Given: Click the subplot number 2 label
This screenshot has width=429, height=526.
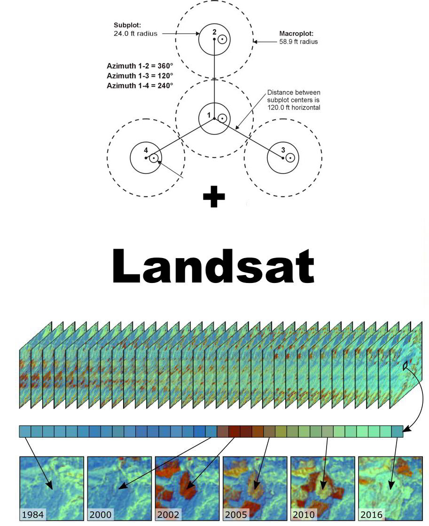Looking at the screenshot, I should point(214,32).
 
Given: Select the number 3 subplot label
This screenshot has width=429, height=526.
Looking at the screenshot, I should point(283,150).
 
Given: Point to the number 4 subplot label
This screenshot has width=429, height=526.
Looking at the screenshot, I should point(146,150).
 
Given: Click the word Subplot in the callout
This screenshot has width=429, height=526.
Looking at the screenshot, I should point(127,25).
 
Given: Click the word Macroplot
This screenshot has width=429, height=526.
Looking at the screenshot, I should point(296,34).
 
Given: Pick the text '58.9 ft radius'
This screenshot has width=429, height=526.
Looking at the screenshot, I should point(298,41).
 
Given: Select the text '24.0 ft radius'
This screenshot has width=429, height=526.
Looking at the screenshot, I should point(135,33).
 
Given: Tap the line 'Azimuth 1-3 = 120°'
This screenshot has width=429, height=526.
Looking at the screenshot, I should point(140,76).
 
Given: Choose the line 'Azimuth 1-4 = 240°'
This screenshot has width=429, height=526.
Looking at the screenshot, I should point(140,86).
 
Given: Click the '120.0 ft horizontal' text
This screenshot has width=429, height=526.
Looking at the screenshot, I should point(294,107).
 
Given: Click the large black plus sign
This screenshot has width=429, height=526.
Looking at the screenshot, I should point(214,198).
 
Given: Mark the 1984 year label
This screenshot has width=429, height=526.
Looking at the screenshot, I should point(33,515).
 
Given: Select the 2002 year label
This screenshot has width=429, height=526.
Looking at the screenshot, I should point(168,515).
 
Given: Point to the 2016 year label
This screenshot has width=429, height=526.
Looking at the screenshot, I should point(372,515).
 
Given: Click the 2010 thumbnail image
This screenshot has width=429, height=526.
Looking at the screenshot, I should point(323,488).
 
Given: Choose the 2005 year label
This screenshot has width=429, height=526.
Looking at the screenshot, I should point(236,515).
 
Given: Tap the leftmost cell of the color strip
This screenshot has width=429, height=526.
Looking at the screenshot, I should point(25,431).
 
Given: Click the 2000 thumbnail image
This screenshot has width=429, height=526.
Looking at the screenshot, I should point(119,488).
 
